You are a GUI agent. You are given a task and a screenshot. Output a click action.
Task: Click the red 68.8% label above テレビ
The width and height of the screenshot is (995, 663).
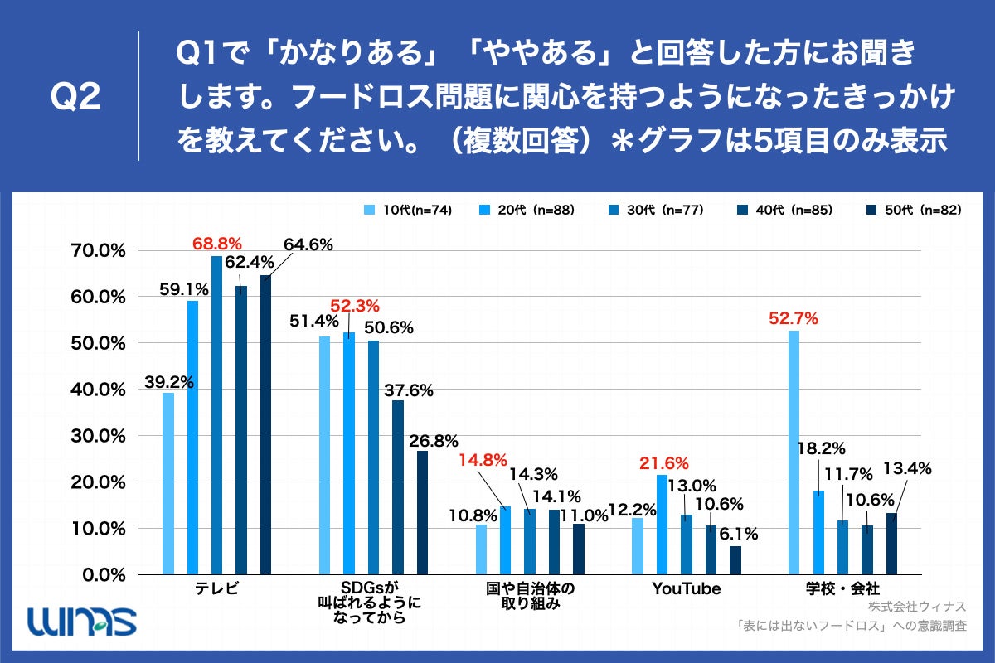(x=216, y=244)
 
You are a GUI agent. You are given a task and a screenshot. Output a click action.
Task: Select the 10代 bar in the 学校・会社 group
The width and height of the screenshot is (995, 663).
(x=794, y=452)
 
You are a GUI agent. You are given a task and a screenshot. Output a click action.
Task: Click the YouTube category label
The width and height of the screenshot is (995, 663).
(x=686, y=589)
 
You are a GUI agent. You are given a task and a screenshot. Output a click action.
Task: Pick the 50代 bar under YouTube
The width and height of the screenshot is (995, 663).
(x=735, y=559)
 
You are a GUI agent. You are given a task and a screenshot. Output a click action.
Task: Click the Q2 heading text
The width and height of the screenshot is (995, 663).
(x=75, y=98)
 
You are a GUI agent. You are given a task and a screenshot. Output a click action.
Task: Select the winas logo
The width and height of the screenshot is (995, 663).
(x=80, y=619)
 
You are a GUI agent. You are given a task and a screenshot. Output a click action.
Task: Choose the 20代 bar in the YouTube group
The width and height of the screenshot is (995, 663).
(x=662, y=524)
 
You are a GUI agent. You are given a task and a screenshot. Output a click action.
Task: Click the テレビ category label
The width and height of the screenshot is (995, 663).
(x=216, y=589)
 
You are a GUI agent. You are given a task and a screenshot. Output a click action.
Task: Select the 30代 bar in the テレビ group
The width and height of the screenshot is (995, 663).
(x=216, y=414)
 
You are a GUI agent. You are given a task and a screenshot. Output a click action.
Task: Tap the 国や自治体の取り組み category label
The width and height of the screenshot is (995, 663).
(x=531, y=597)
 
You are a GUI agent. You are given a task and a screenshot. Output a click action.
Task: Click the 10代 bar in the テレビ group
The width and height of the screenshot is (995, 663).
(x=168, y=483)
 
